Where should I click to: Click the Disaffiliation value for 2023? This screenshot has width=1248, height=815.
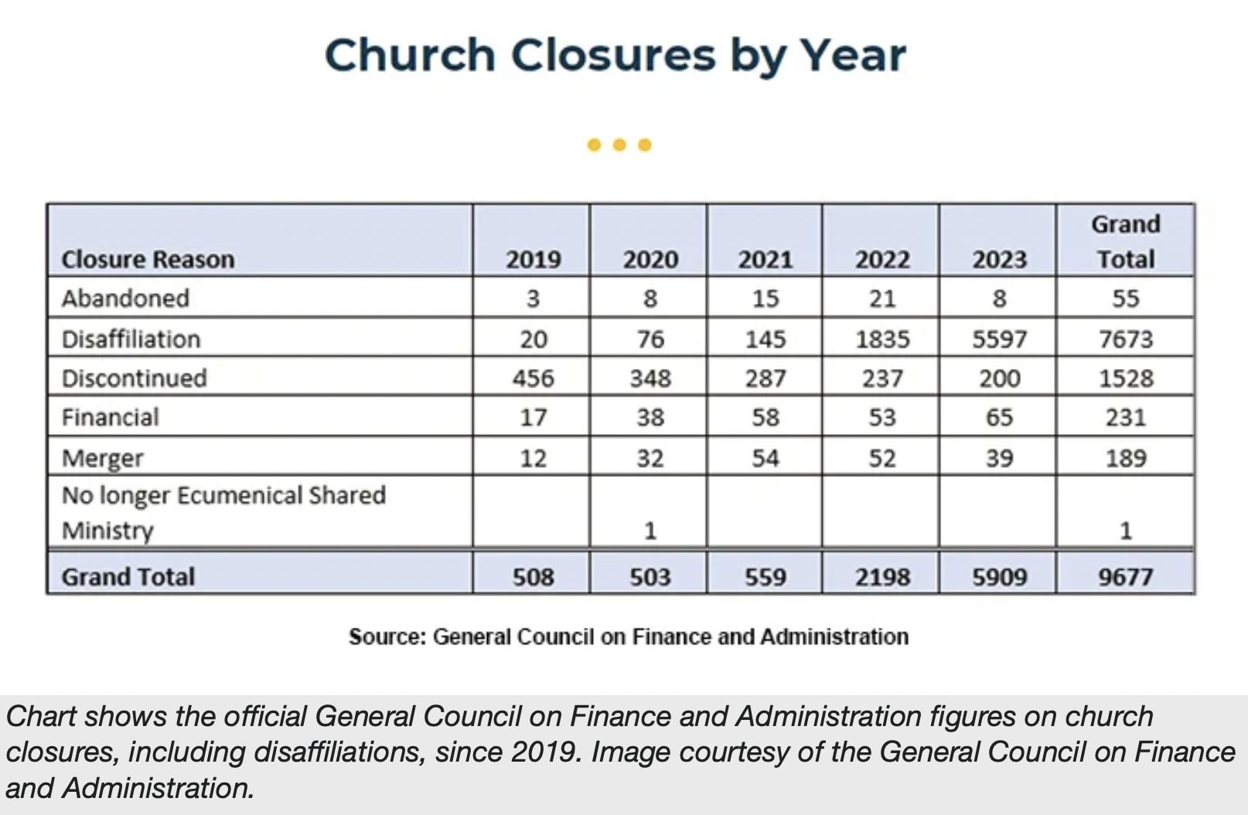click(998, 339)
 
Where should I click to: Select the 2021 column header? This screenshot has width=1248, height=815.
click(765, 259)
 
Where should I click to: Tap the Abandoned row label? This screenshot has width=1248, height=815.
click(125, 298)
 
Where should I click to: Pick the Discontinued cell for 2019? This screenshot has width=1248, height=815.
click(533, 378)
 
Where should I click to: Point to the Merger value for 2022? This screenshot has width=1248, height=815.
click(881, 458)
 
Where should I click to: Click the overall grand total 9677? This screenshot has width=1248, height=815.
click(1125, 577)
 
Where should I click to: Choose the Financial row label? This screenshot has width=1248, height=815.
click(110, 418)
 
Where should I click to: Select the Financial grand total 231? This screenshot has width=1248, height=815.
click(1125, 418)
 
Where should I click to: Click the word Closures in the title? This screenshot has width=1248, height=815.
click(612, 56)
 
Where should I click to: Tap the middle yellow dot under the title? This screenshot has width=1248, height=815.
click(619, 145)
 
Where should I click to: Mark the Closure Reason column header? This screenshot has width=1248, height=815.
click(148, 259)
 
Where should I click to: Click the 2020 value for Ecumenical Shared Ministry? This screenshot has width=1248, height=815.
click(650, 530)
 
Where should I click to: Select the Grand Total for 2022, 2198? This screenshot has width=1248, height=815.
click(881, 577)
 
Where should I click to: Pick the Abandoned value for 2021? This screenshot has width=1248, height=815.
click(765, 298)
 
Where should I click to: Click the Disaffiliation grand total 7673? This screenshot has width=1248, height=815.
click(1125, 339)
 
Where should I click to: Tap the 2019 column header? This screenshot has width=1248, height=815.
click(533, 259)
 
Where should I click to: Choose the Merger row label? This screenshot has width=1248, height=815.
click(102, 459)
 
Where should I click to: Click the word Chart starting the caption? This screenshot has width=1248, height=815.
click(42, 717)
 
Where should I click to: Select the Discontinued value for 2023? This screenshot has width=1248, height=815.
click(998, 378)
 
